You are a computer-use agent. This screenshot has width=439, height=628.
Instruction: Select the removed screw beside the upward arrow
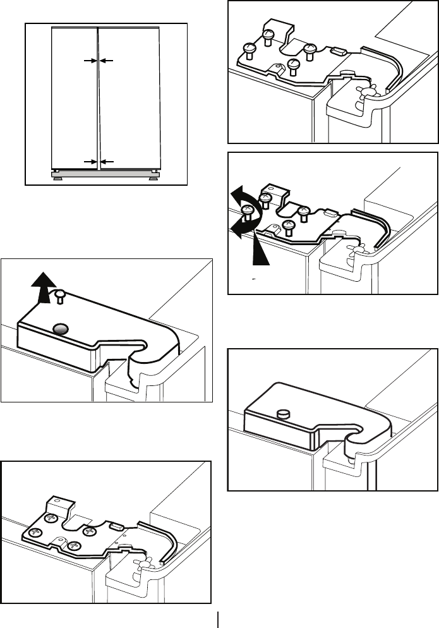[61, 294]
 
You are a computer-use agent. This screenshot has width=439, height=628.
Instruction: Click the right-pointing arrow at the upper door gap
[89, 61]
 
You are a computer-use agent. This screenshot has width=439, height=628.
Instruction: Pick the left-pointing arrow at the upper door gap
[106, 61]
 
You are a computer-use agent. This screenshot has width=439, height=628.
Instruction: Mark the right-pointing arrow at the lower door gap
[89, 162]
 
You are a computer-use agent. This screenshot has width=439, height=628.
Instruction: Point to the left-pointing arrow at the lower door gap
[106, 162]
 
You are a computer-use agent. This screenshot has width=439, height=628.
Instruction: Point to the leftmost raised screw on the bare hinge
[249, 47]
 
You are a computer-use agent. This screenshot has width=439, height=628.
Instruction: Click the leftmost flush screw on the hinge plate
[37, 531]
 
